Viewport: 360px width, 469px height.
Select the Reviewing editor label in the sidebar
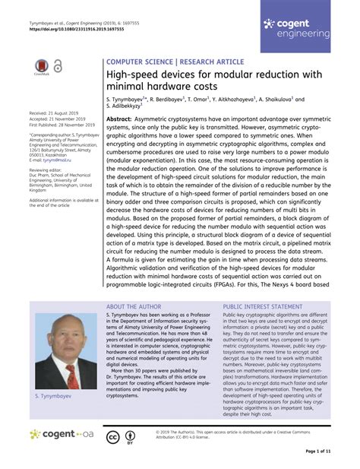click(x=49, y=171)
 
